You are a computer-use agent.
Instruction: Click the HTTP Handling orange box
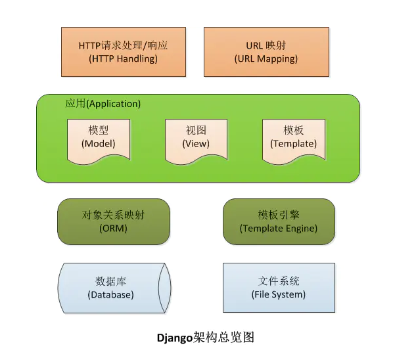pyautogui.click(x=123, y=52)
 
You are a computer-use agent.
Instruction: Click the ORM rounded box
pyautogui.click(x=114, y=221)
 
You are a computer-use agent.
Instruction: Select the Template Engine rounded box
pyautogui.click(x=279, y=221)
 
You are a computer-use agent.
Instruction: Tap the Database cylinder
pyautogui.click(x=114, y=288)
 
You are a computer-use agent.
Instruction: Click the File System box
pyautogui.click(x=279, y=288)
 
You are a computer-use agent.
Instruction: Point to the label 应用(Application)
pyautogui.click(x=103, y=104)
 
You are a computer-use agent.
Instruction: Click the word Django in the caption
pyautogui.click(x=174, y=338)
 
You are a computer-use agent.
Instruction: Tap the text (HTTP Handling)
pyautogui.click(x=123, y=58)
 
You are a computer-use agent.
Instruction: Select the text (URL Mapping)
pyautogui.click(x=266, y=58)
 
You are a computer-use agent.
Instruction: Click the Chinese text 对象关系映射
pyautogui.click(x=114, y=215)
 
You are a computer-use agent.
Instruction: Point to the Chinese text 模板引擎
pyautogui.click(x=279, y=215)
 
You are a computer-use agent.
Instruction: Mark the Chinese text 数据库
pyautogui.click(x=110, y=281)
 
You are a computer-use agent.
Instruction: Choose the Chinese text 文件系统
pyautogui.click(x=279, y=281)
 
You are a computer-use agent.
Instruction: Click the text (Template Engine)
pyautogui.click(x=279, y=229)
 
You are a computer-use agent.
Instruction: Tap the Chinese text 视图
pyautogui.click(x=196, y=131)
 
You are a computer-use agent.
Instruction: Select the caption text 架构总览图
pyautogui.click(x=223, y=338)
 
